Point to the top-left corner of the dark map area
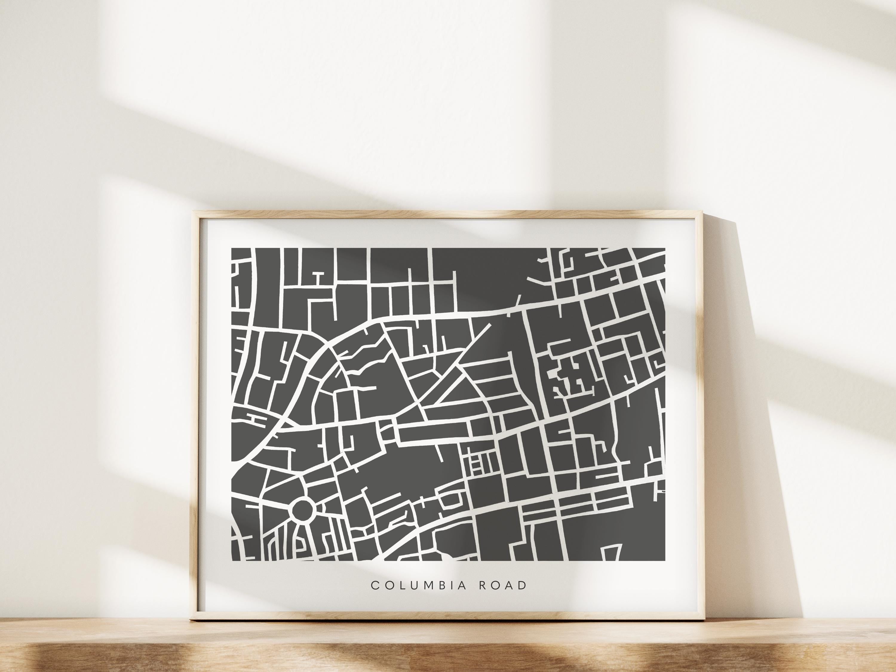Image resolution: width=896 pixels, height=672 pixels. coord(231,248)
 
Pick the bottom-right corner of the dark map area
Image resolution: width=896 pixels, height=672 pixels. coord(665,560)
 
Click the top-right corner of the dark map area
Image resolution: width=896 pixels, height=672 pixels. coord(665,248)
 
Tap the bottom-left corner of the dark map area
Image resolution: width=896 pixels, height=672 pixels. coord(231,560)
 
